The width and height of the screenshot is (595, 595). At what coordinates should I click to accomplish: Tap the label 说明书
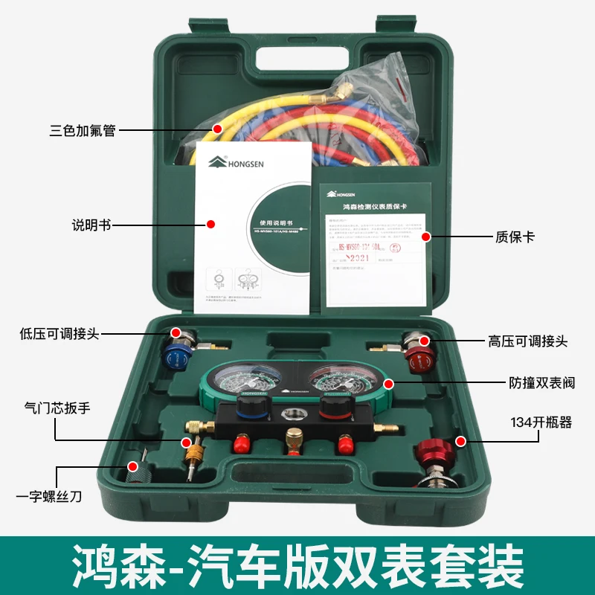click(x=91, y=224)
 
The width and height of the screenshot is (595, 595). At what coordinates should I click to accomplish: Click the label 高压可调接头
click(x=528, y=341)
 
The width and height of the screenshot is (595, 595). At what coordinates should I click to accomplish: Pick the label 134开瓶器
click(x=541, y=422)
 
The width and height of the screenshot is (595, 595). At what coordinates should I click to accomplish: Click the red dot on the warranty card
click(x=426, y=237)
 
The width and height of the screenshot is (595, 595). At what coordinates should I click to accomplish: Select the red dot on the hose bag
click(x=217, y=129)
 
